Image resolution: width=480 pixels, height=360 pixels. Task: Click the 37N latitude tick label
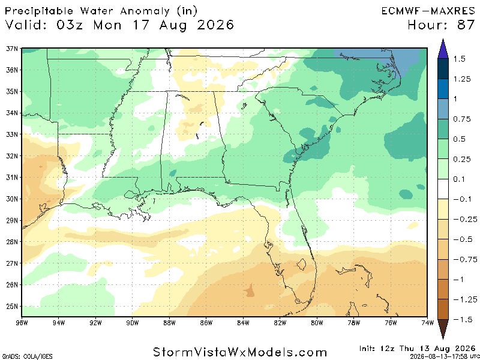pos(12,49)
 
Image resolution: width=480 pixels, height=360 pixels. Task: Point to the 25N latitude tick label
pos(12,307)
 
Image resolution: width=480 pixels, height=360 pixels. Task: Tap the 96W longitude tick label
pos(22,323)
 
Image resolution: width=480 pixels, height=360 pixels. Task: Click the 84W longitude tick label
pos(243,323)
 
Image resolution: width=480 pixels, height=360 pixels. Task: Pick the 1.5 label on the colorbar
pos(459,59)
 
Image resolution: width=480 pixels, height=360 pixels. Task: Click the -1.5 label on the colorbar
pos(462,320)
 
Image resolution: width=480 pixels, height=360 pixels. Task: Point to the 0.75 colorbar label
pos(462,119)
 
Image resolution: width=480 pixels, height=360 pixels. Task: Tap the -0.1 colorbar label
pos(462,199)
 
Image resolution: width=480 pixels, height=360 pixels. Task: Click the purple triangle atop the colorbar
pos(443,49)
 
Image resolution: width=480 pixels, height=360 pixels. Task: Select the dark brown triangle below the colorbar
pos(443,329)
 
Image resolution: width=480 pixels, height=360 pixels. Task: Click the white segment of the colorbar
pos(443,189)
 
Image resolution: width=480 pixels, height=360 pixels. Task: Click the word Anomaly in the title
pos(145,11)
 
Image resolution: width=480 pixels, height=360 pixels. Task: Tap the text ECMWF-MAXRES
pos(428,11)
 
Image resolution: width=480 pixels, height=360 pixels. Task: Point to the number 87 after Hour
pos(466,25)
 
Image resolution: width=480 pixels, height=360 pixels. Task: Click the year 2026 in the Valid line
pos(215,25)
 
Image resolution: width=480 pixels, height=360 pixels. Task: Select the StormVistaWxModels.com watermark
pos(240,352)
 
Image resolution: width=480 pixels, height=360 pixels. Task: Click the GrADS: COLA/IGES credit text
pos(26,356)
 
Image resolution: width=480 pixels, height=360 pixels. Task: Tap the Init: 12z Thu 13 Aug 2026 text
pos(417,349)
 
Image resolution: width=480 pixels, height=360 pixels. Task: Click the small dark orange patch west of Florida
pos(250,292)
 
